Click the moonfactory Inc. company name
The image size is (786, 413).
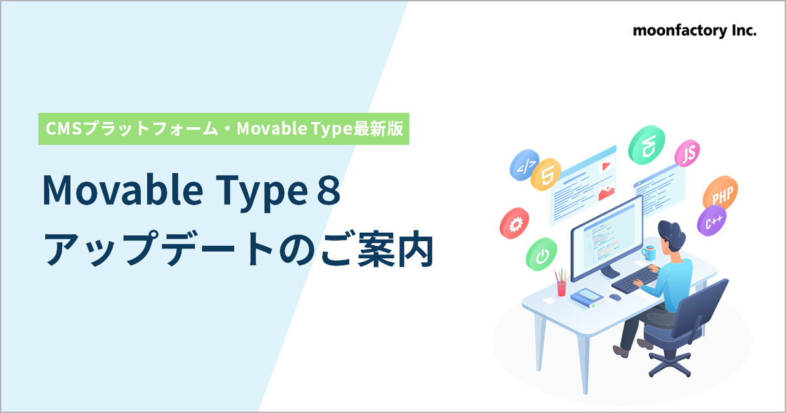[694, 31]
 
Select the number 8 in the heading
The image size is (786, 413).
[327, 191]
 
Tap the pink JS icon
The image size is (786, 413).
[688, 154]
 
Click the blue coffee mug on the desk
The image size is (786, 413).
[648, 252]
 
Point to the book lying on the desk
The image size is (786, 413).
[588, 299]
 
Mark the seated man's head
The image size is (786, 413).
[672, 233]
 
